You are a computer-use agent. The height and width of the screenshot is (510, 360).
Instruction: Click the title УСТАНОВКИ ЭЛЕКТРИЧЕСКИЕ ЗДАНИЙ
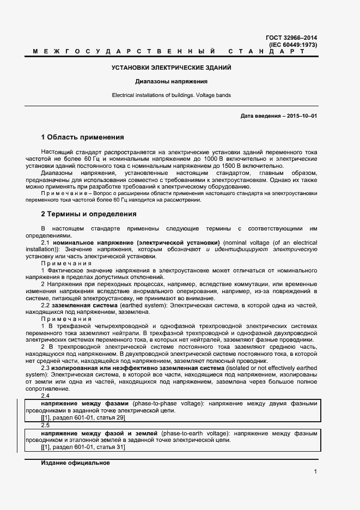tap(172, 68)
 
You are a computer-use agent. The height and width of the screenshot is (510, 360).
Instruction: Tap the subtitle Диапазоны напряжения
tap(172, 82)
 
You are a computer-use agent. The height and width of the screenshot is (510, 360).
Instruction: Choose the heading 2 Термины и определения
tap(88, 214)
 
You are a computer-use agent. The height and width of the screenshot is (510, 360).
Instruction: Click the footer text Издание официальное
tap(75, 463)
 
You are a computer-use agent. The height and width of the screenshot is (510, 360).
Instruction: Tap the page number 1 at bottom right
tap(315, 471)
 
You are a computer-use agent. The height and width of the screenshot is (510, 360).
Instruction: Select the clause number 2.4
tap(45, 396)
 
